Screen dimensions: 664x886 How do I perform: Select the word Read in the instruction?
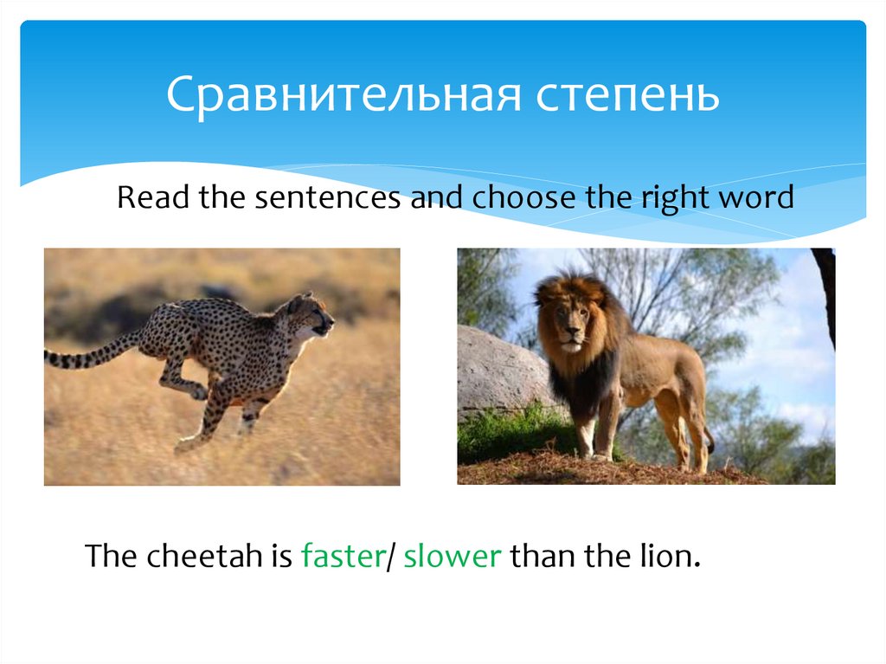click(152, 198)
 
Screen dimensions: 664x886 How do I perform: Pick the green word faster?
click(342, 555)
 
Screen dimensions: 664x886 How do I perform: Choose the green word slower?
click(453, 555)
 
